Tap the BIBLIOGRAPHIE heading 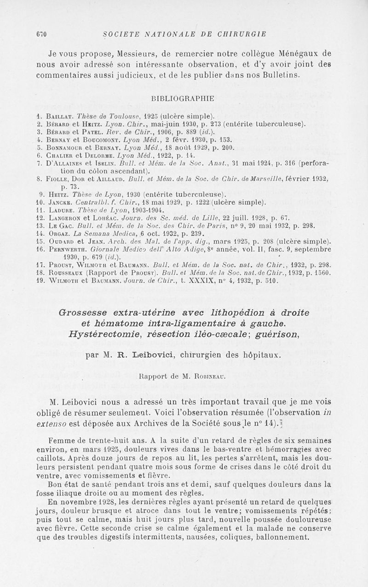click(182, 98)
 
